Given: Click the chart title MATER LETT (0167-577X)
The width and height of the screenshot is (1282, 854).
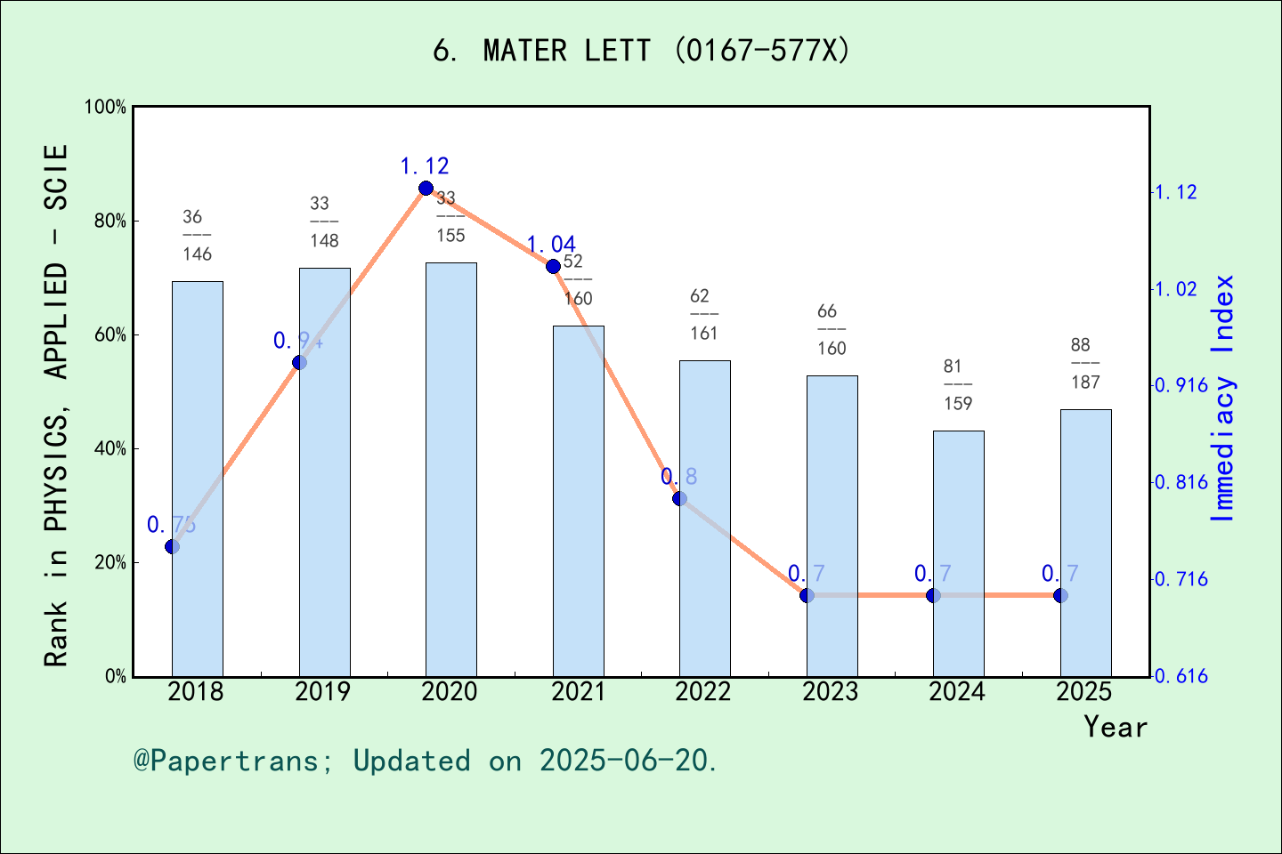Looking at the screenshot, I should coord(641,51).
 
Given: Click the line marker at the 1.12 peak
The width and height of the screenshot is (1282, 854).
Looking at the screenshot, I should coord(426,189).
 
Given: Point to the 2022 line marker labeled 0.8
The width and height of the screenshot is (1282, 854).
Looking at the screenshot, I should coord(679,498).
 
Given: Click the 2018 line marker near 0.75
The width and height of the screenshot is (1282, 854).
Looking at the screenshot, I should coord(173,546).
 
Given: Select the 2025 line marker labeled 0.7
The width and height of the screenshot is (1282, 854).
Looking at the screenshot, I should coord(1060,595).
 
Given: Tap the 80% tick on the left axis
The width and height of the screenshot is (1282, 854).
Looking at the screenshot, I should coord(110,222).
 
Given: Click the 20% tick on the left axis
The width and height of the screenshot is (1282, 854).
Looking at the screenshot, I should coord(110,563).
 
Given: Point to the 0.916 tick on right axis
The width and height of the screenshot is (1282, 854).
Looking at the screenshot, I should coord(1181,385).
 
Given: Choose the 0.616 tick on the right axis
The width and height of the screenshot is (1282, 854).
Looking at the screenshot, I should coord(1181,676).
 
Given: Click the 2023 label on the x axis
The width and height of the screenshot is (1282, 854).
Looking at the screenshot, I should coord(831,692).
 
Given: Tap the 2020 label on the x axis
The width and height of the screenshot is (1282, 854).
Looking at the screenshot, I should coord(450,692).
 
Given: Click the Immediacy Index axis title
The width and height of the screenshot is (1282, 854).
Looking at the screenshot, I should coord(1224,398).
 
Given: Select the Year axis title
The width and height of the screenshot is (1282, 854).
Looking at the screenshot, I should coord(1116,727).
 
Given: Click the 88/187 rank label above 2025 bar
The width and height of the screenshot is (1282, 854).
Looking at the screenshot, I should coord(1085,364).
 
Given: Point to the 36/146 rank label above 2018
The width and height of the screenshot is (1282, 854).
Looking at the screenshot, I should coord(197,236).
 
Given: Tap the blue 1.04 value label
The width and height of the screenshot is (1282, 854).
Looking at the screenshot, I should coord(550,245).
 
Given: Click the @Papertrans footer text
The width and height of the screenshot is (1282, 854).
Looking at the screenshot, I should coord(426,761).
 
